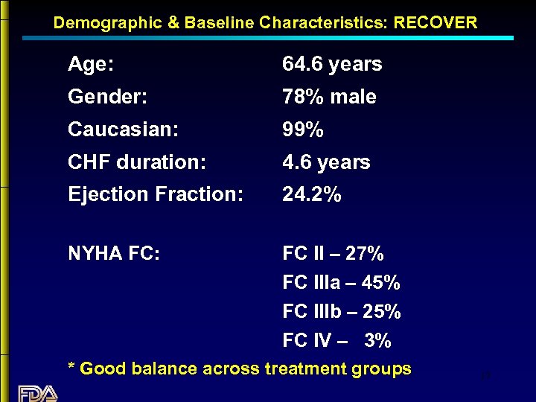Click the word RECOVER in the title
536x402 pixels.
pos(435,22)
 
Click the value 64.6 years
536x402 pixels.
pos(332,65)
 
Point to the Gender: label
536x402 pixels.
pos(107,97)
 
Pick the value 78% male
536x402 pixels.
pos(329,97)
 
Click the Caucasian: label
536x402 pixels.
pos(123,130)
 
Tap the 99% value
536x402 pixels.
pos(303,130)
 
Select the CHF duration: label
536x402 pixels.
pos(137,162)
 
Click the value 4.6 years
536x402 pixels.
pos(326,162)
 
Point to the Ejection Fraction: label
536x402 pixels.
pos(156,195)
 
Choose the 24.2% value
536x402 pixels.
pos(312,195)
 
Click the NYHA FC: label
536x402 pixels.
pos(114,254)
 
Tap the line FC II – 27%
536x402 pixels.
pos(334,254)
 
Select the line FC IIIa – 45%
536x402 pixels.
pos(342,283)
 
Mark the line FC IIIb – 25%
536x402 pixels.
pos(342,311)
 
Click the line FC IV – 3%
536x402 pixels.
pos(337,341)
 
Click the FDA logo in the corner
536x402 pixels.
pos(37,393)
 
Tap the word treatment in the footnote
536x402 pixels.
pos(301,368)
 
